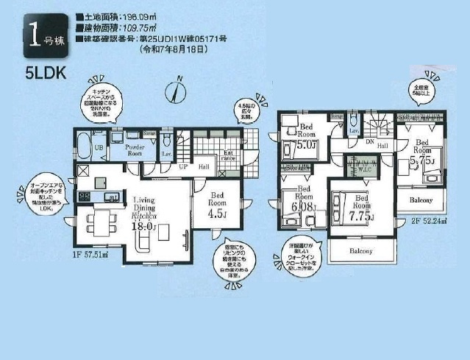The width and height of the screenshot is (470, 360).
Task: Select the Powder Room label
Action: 134,150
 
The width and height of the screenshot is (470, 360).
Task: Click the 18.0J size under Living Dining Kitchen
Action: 143,226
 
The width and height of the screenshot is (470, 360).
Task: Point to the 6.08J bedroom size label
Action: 304,208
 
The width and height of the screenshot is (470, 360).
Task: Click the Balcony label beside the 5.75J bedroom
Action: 421,200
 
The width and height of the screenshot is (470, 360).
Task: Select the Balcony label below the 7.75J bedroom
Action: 362,251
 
